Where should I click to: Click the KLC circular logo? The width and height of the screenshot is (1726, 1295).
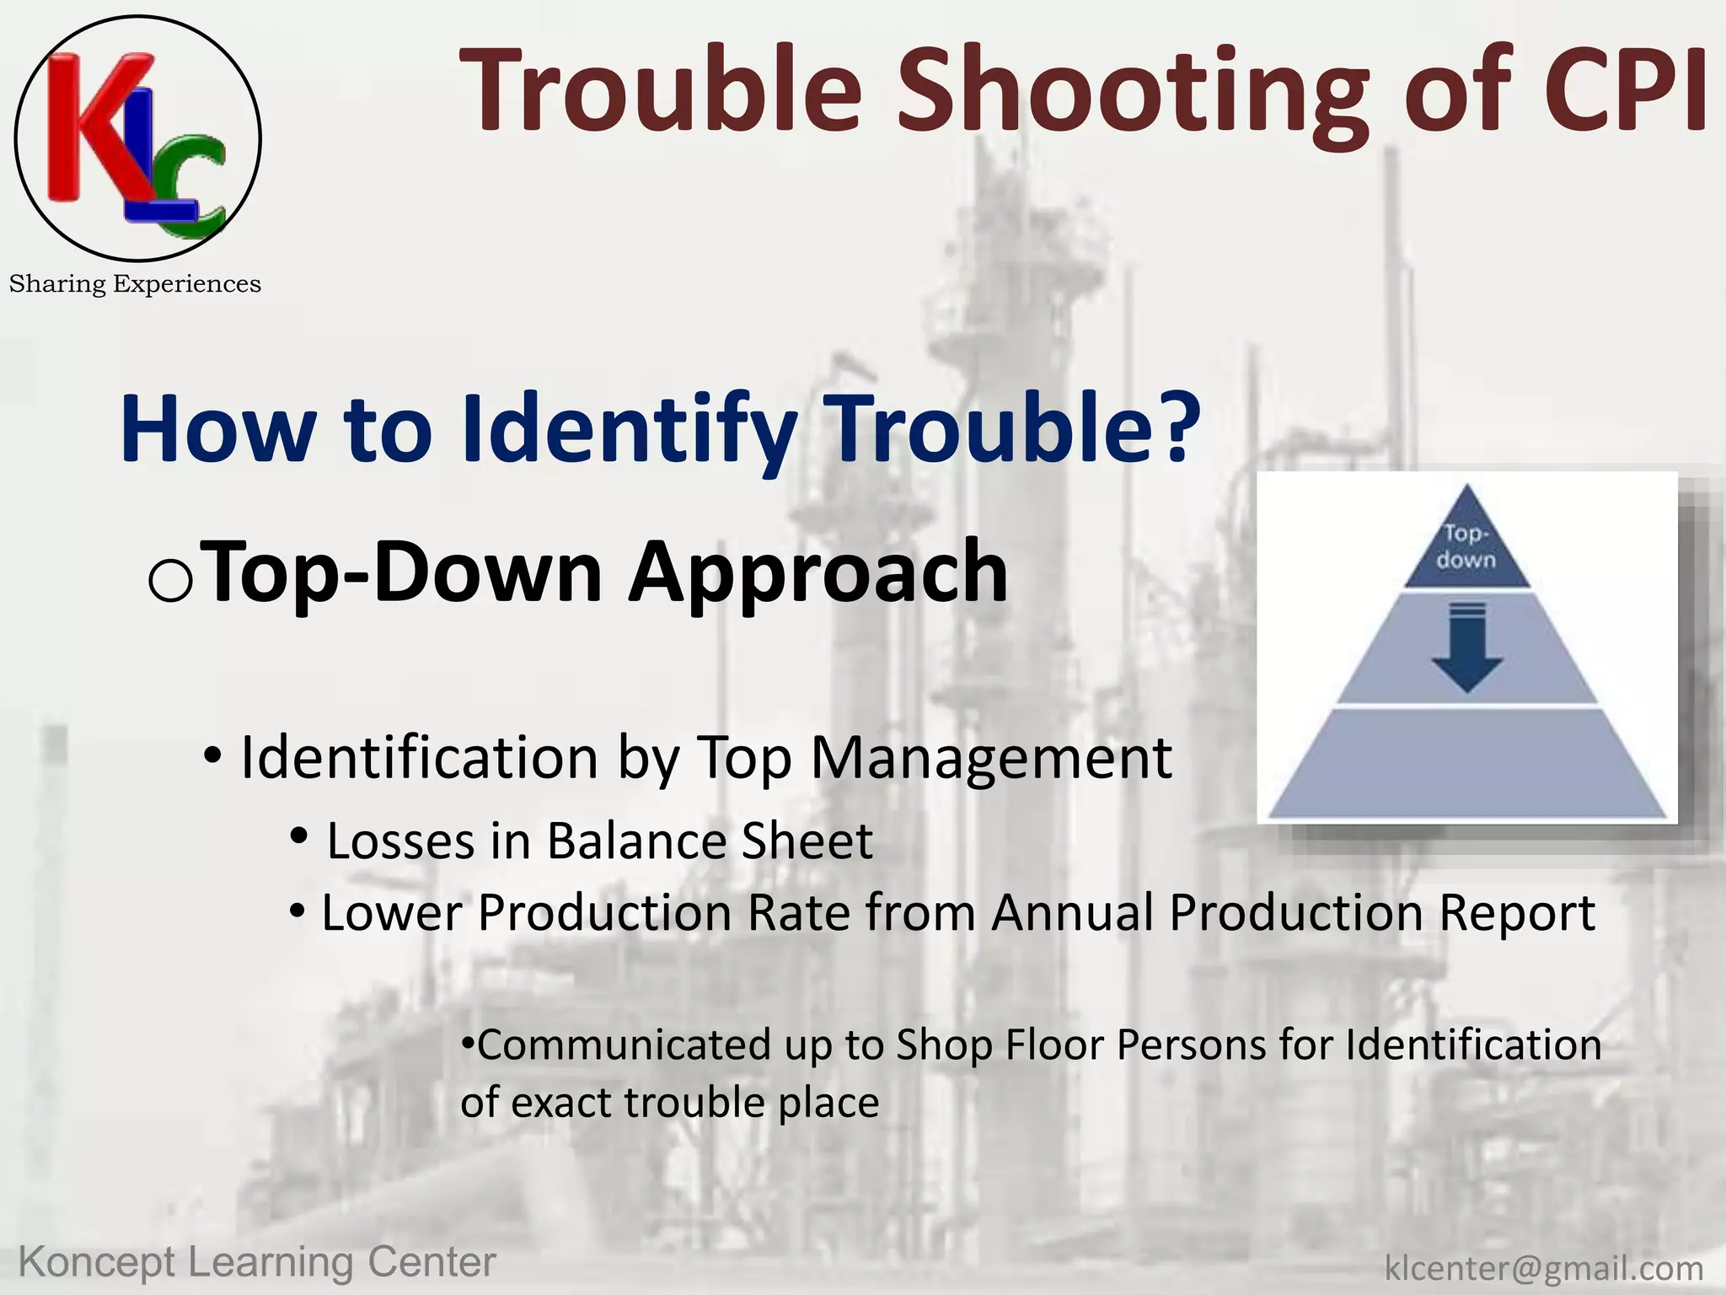(137, 138)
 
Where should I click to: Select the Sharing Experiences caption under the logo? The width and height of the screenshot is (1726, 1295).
(135, 284)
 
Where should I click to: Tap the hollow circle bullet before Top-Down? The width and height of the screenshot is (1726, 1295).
(170, 581)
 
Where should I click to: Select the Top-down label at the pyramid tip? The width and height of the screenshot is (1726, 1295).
(1466, 546)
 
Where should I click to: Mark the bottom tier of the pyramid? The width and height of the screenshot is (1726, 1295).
(1466, 763)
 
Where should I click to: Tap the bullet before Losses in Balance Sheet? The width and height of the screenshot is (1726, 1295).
(298, 837)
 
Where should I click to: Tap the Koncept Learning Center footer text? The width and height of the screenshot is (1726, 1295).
(257, 1262)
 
